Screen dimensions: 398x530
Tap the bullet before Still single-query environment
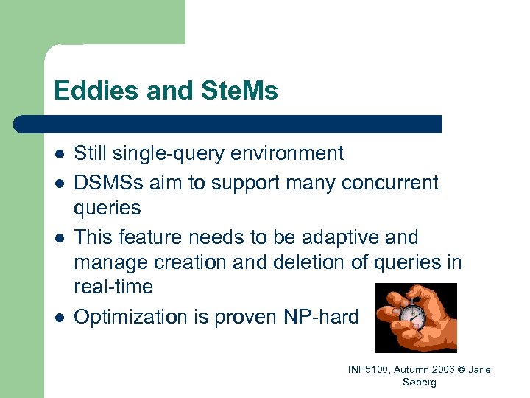click(59, 155)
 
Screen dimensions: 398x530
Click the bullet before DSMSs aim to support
click(59, 183)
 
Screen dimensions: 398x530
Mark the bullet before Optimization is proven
click(59, 318)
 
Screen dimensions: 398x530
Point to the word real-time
click(114, 287)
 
